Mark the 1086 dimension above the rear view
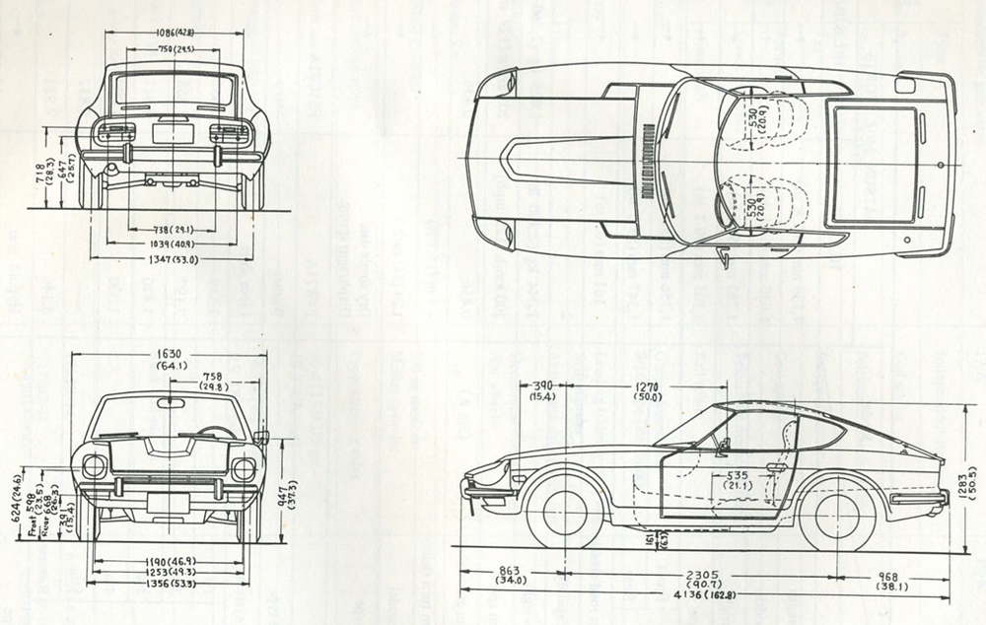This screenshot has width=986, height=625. [173, 33]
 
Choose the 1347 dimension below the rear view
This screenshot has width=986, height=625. [172, 259]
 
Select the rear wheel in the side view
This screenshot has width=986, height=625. [837, 515]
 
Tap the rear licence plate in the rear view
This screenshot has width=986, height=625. [173, 132]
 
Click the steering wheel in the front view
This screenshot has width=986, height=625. [216, 433]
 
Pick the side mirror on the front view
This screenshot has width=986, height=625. [261, 436]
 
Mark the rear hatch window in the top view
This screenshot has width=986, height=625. [874, 165]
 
